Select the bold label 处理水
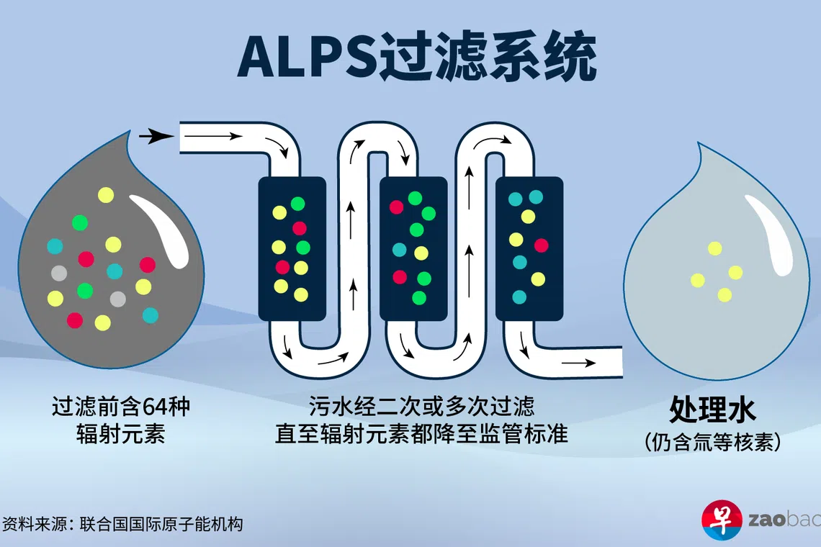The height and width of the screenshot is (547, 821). pyautogui.click(x=712, y=410)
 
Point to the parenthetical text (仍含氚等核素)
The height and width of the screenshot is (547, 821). pyautogui.click(x=712, y=441)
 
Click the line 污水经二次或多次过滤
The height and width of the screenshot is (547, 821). pyautogui.click(x=421, y=407)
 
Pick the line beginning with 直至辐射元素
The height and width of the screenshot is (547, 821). pyautogui.click(x=421, y=434)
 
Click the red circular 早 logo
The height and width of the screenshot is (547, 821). pyautogui.click(x=721, y=519)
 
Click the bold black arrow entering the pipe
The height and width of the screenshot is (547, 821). pyautogui.click(x=155, y=135)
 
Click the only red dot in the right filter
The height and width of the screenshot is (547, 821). pyautogui.click(x=541, y=245)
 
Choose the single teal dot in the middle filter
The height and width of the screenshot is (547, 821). pyautogui.click(x=399, y=250)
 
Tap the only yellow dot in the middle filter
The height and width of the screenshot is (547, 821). pyautogui.click(x=421, y=253)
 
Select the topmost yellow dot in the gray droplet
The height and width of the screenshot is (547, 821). pyautogui.click(x=106, y=194)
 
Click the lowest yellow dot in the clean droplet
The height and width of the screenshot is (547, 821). pyautogui.click(x=724, y=295)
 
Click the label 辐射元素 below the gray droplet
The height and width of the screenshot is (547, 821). pyautogui.click(x=120, y=435)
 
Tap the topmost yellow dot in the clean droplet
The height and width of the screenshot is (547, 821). pyautogui.click(x=714, y=248)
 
